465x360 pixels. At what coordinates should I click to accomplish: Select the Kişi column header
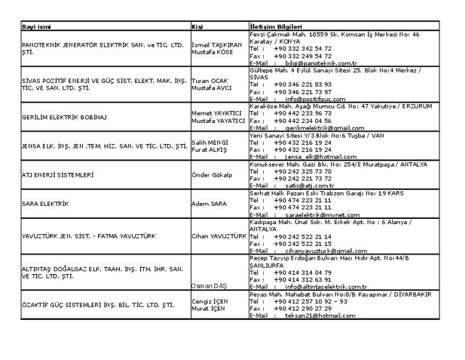[x=196, y=26]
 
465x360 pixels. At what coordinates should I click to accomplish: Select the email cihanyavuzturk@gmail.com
[x=320, y=249]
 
